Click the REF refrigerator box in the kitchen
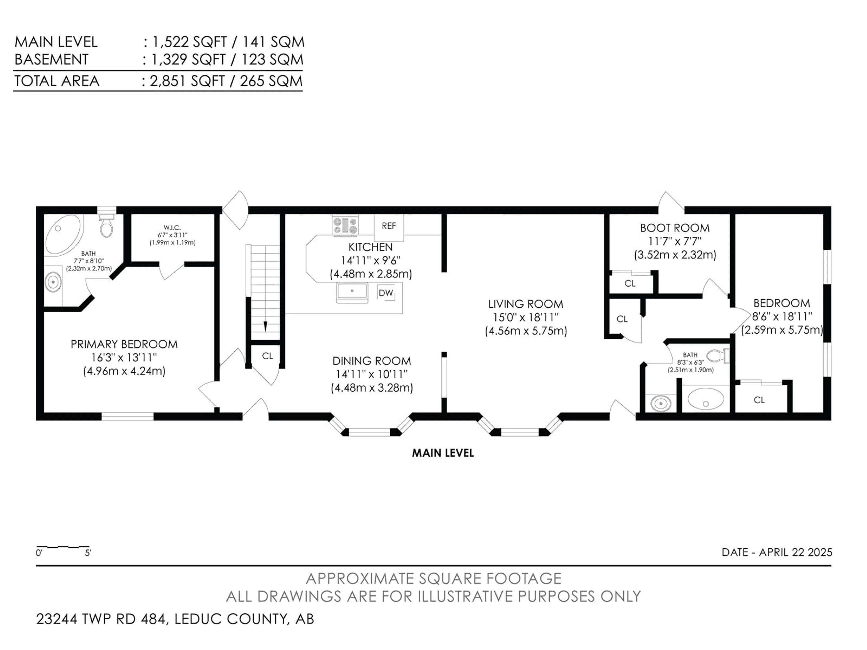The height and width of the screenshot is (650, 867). pyautogui.click(x=389, y=228)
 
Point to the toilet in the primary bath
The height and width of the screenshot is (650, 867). pyautogui.click(x=106, y=225)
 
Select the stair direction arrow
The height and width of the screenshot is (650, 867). pyautogui.click(x=265, y=326)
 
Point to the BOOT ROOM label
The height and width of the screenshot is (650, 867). pyautogui.click(x=675, y=228)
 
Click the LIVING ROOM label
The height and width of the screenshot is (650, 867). pyautogui.click(x=526, y=304)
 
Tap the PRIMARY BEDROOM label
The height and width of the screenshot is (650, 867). pyautogui.click(x=124, y=344)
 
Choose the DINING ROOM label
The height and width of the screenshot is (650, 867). pyautogui.click(x=372, y=361)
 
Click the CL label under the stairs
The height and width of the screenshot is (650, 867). pyautogui.click(x=267, y=356)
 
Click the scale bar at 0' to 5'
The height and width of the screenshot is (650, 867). pyautogui.click(x=63, y=547)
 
